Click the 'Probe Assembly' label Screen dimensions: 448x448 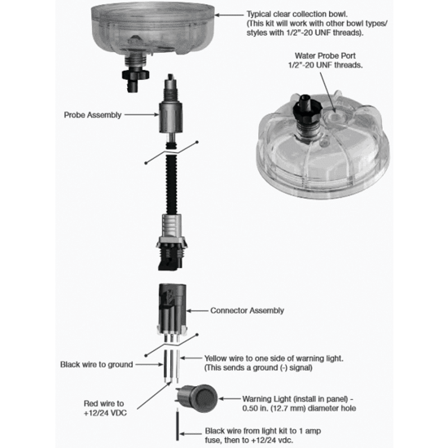(x=93, y=115)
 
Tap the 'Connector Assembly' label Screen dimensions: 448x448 (x=247, y=310)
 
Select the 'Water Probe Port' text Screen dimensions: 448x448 (x=325, y=55)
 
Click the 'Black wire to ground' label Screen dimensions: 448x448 (x=97, y=365)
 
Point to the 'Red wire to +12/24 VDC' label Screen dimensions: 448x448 (x=105, y=408)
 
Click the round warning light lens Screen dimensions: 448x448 (x=204, y=398)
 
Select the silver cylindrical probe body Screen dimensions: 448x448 (x=171, y=118)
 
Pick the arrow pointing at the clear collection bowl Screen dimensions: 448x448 (x=229, y=15)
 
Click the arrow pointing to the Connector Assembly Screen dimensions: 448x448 (x=197, y=310)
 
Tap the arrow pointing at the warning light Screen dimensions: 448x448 (x=230, y=398)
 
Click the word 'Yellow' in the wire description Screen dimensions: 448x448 (x=216, y=358)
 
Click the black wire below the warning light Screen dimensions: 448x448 (x=178, y=425)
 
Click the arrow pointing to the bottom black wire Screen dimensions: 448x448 (x=191, y=434)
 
